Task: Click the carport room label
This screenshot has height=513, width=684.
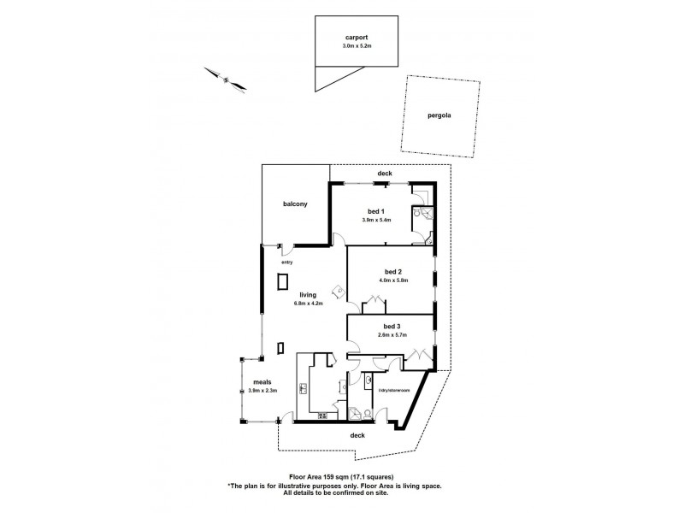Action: [357, 38]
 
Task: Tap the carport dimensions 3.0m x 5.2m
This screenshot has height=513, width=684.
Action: [357, 47]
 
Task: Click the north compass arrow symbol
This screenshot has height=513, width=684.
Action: [227, 80]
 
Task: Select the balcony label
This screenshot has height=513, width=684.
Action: [295, 205]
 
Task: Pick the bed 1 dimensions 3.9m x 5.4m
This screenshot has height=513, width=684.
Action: [376, 220]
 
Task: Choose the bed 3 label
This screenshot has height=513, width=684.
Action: [392, 327]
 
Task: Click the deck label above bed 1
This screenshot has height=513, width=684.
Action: [384, 174]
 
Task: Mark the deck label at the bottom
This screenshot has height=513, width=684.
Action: [357, 435]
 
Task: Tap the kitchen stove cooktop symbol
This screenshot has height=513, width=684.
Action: [323, 416]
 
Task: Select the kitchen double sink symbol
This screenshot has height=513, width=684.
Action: [305, 389]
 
